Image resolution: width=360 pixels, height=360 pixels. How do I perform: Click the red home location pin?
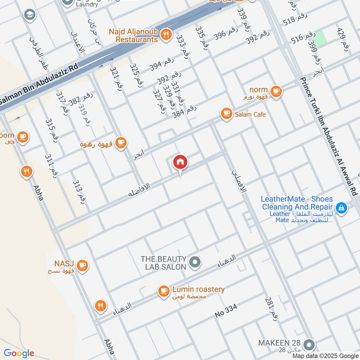pyautogui.click(x=180, y=162)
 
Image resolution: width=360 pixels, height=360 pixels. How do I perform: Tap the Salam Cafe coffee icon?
pyautogui.click(x=226, y=114)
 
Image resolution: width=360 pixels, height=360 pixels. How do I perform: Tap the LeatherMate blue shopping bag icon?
pyautogui.click(x=342, y=208)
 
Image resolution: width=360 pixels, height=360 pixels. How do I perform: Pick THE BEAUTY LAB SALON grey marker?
pyautogui.click(x=195, y=261)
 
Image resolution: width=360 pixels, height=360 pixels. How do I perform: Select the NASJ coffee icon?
pyautogui.click(x=82, y=265)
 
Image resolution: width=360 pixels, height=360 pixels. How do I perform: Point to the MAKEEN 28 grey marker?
pyautogui.click(x=309, y=345)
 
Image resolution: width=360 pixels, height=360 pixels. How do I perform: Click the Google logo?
pyautogui.click(x=19, y=353)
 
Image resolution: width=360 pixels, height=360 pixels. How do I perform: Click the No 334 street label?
pyautogui.click(x=232, y=310)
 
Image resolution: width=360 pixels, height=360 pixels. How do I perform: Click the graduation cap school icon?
pyautogui.click(x=30, y=14)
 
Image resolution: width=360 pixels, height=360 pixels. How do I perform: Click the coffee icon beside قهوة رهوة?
pyautogui.click(x=120, y=143)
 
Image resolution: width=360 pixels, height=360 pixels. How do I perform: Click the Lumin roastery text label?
pyautogui.click(x=198, y=289)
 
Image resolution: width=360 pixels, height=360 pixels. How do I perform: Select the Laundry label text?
pyautogui.click(x=87, y=4)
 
